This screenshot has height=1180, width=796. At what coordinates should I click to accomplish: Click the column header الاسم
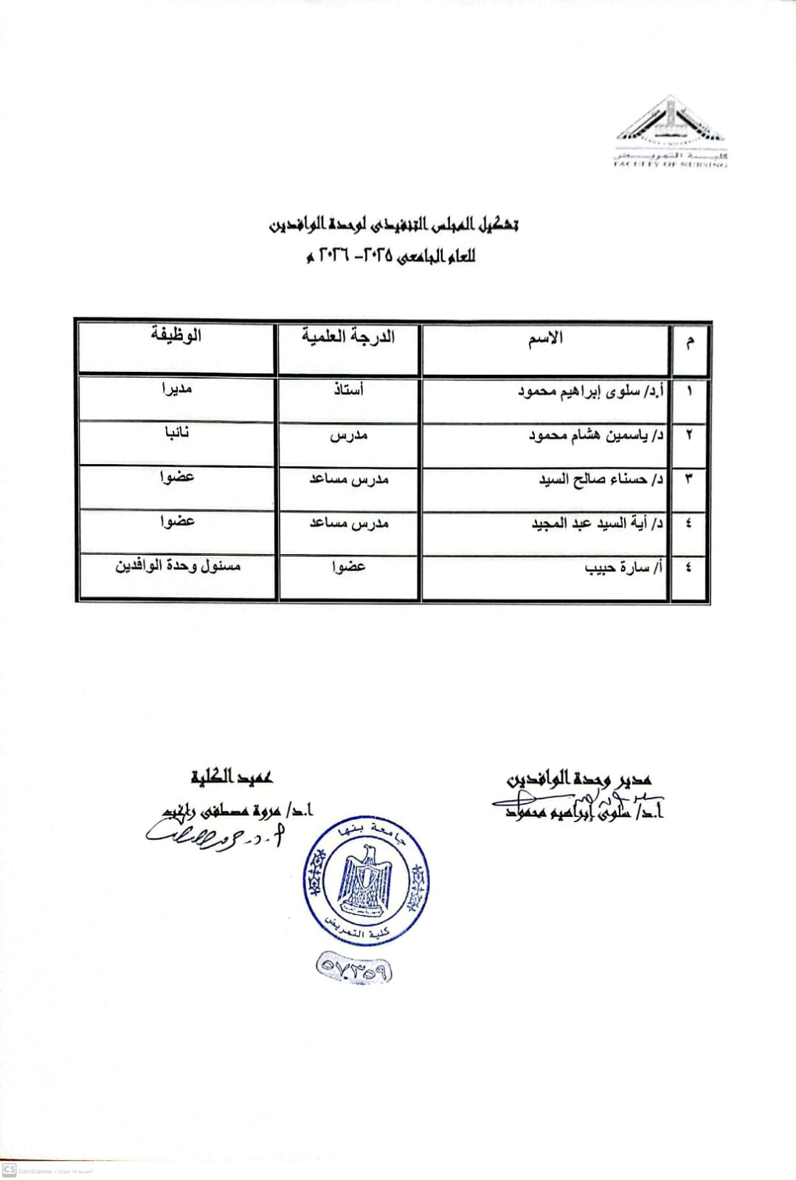pyautogui.click(x=545, y=338)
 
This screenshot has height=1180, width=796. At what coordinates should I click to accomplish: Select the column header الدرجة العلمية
pyautogui.click(x=348, y=337)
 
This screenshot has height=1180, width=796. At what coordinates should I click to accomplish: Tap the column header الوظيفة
pyautogui.click(x=176, y=335)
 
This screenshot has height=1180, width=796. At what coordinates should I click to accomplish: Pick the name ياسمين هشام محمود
pyautogui.click(x=596, y=435)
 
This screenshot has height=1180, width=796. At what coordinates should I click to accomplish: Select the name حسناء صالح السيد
pyautogui.click(x=601, y=479)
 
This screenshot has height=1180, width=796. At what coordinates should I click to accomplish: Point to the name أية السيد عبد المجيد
pyautogui.click(x=598, y=523)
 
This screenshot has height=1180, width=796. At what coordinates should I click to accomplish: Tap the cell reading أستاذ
pyautogui.click(x=348, y=390)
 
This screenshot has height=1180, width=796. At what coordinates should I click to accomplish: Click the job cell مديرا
pyautogui.click(x=177, y=388)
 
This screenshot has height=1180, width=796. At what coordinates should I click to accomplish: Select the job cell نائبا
pyautogui.click(x=177, y=432)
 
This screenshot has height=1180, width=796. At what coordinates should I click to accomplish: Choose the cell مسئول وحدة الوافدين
pyautogui.click(x=178, y=566)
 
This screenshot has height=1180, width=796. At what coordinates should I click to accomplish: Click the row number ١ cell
pyautogui.click(x=689, y=391)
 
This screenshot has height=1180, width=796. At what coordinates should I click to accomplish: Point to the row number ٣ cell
pyautogui.click(x=689, y=479)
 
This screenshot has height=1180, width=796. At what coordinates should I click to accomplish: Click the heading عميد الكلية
pyautogui.click(x=232, y=776)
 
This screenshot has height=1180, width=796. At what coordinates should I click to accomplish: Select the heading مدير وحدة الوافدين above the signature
pyautogui.click(x=579, y=779)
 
